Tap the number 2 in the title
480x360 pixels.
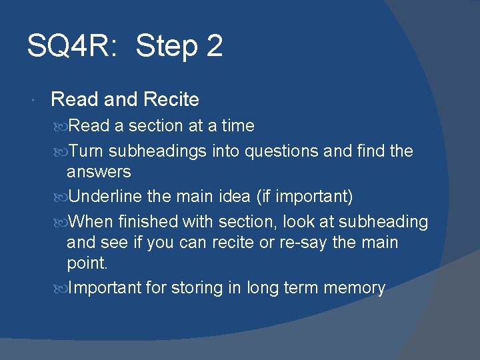[x=215, y=46]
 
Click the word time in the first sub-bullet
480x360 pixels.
[x=238, y=126]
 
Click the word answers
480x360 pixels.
[x=99, y=172]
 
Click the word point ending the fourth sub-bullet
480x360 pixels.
[x=87, y=263]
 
